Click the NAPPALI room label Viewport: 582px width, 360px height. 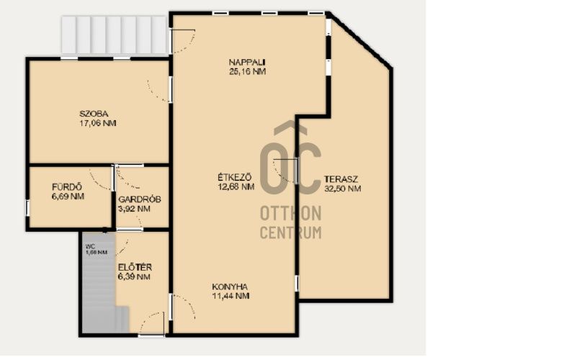(247, 62)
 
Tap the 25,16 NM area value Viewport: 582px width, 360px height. (247, 71)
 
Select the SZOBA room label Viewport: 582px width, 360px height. (94, 114)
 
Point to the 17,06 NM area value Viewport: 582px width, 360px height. (98, 123)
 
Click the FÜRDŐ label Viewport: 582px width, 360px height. (67, 187)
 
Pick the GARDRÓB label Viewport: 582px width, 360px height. (140, 199)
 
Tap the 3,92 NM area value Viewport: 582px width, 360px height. (134, 209)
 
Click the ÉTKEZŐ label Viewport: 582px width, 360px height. (235, 177)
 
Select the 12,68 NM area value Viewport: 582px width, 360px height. (236, 186)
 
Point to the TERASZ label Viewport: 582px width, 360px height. (341, 179)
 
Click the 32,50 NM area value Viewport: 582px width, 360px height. (343, 189)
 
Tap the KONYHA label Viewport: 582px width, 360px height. (230, 287)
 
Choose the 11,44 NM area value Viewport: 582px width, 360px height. (230, 296)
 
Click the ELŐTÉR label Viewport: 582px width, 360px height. (135, 267)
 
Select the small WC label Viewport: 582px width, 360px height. (90, 246)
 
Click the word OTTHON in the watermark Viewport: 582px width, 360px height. (290, 213)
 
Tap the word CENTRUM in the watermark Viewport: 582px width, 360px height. (290, 233)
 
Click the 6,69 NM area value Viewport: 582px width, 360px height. (68, 197)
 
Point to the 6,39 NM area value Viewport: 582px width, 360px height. (134, 277)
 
